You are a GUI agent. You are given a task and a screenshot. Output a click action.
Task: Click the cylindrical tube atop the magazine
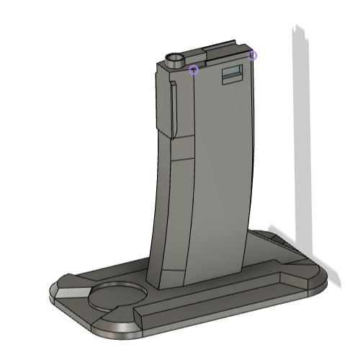click(176, 62)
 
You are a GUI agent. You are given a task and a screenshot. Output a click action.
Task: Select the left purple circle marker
click(193, 70)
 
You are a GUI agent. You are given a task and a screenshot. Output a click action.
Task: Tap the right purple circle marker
click(253, 55)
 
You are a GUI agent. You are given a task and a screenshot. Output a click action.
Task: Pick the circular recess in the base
click(117, 295)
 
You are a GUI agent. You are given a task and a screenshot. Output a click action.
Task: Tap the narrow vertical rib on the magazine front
click(173, 108)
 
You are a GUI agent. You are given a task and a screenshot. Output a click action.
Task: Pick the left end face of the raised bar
click(138, 314)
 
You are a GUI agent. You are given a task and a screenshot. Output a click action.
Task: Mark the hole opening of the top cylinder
click(175, 56)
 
